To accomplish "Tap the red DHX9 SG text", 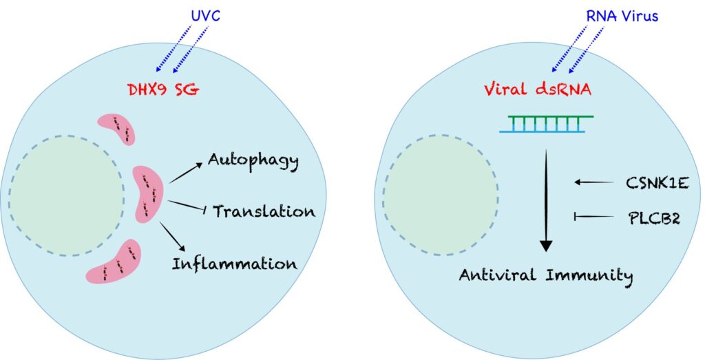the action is click(x=163, y=90).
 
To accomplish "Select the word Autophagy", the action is click(x=253, y=161).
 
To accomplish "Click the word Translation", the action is click(x=264, y=211).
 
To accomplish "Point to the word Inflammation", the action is click(x=235, y=264).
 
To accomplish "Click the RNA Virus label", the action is click(x=622, y=17).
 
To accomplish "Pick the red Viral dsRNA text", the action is click(x=537, y=90).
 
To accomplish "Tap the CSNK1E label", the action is click(x=657, y=183).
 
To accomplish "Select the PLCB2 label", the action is click(x=654, y=218).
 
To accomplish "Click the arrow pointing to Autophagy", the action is click(x=185, y=173).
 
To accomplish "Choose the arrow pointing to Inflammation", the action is click(x=173, y=236).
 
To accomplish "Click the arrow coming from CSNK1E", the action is click(x=594, y=182).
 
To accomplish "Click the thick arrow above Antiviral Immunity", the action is click(x=546, y=200).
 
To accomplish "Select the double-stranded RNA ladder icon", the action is click(x=546, y=124).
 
